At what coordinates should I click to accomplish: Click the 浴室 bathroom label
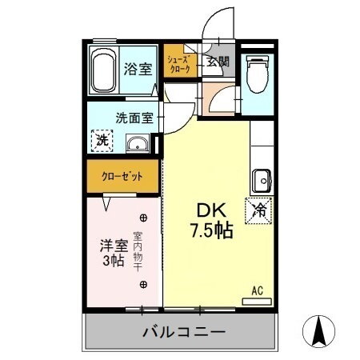click(137, 70)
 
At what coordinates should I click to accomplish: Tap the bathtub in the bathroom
click(102, 70)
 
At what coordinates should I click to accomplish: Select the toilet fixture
click(256, 75)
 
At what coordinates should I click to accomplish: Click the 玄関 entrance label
click(217, 62)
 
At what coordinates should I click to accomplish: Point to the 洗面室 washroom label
click(133, 117)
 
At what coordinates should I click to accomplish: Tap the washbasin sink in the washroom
click(138, 144)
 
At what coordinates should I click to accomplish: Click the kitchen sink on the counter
click(262, 178)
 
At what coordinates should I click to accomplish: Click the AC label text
click(257, 290)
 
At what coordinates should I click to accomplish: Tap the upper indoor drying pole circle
click(143, 217)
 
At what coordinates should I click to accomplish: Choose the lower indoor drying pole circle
click(143, 284)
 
